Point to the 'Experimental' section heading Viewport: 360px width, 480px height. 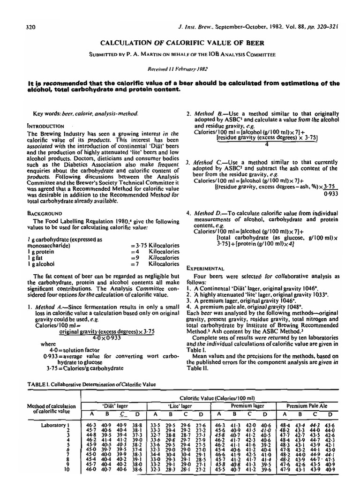(205, 269)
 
